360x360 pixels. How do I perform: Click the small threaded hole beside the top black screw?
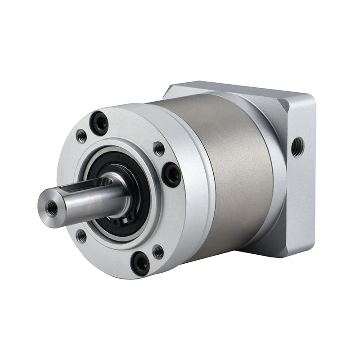(81, 136)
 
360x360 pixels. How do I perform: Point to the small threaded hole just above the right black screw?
(159, 148)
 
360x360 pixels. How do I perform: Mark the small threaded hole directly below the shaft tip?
(81, 235)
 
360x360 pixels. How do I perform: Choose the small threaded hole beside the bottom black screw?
(158, 252)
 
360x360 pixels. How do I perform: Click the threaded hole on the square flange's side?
(297, 147)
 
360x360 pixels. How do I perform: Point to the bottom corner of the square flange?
(297, 254)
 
